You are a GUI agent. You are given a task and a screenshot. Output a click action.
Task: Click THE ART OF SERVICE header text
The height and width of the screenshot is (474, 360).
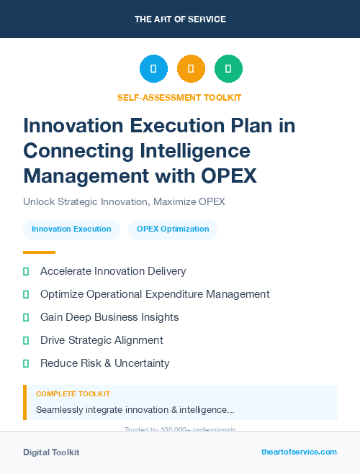[x=180, y=19]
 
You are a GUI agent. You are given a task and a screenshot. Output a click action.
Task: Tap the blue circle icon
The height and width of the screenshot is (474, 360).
[x=153, y=69]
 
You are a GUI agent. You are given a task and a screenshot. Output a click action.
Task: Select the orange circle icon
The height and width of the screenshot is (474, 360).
[x=191, y=69]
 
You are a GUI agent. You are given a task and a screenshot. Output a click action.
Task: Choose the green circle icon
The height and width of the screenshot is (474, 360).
[x=228, y=69]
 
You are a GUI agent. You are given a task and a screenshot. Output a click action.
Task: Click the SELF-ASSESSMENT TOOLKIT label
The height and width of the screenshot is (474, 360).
[x=179, y=97]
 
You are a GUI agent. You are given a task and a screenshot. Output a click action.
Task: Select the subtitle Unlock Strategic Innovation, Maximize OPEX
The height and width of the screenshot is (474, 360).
[x=124, y=201]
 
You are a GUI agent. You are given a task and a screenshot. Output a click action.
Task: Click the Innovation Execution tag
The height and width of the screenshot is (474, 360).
[x=71, y=229]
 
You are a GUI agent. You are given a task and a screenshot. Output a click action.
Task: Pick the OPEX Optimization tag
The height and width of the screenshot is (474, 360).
[x=173, y=229]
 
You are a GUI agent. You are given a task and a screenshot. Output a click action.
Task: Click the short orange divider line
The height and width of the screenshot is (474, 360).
[x=39, y=252]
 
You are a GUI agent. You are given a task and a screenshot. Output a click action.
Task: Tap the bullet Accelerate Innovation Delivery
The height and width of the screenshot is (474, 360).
[x=113, y=271]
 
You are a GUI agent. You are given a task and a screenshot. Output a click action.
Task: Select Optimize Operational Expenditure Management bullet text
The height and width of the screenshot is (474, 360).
[x=155, y=294]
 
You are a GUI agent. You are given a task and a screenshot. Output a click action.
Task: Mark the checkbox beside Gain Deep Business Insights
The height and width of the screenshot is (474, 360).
[x=26, y=317]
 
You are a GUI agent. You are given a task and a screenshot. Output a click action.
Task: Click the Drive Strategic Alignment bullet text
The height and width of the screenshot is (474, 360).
[x=102, y=340]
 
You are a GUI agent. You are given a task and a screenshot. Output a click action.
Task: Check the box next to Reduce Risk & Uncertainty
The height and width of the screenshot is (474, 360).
[x=26, y=363]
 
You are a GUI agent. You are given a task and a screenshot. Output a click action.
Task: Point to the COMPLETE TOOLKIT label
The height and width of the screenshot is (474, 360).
[x=73, y=394]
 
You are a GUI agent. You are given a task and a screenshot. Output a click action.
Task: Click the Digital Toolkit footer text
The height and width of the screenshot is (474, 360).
[x=51, y=452]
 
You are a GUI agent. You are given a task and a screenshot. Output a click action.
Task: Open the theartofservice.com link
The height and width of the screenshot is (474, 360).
[x=299, y=452]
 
